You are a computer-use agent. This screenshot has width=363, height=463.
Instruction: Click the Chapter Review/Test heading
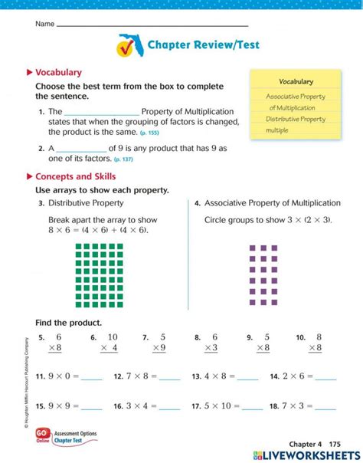coord(203,45)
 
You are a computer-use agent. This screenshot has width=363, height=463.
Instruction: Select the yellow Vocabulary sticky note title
coord(296,81)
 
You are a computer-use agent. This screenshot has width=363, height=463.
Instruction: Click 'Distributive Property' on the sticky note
coord(296,119)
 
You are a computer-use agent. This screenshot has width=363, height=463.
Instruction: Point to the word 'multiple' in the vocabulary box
coord(277,130)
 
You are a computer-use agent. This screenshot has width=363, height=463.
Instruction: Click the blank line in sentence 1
coord(105,112)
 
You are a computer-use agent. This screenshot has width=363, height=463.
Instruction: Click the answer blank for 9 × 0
coord(91,377)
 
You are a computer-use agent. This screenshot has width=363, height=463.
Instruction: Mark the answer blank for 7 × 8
coord(169,377)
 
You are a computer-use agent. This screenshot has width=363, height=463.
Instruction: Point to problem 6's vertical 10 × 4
coord(109,343)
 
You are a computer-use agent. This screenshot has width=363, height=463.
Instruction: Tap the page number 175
coord(334,444)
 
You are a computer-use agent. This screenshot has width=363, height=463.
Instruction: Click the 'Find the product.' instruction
coord(68,323)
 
